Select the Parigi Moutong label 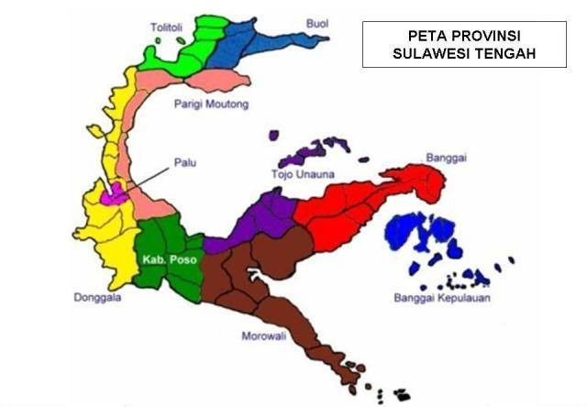[x=211, y=104]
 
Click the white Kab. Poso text [x=165, y=260]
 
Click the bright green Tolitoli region [x=183, y=50]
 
